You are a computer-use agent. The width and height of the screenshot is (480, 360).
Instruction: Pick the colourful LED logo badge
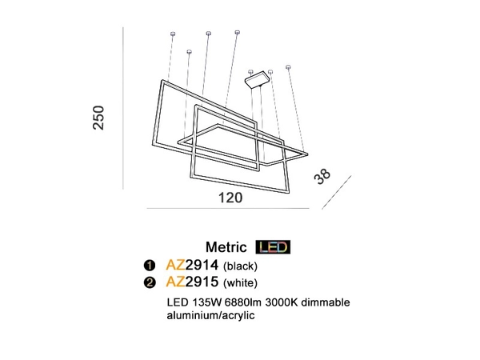pos(272,247)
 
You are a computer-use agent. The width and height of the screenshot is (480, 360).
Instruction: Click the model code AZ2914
pos(191,265)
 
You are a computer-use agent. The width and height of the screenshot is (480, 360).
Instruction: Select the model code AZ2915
pos(191,282)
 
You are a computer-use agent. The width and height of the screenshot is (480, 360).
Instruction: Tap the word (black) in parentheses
pos(241,266)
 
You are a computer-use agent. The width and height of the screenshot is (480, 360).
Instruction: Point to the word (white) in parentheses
pos(241,282)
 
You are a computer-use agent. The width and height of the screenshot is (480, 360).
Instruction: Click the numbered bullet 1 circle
pos(148,266)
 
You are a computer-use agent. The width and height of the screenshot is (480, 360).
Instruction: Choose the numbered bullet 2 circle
pos(148,282)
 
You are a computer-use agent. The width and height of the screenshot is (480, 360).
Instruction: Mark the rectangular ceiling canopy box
pos(258,79)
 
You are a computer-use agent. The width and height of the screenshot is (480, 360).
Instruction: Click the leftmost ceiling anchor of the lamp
pos(173,33)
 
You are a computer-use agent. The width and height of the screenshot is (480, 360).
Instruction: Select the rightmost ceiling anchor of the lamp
pos(289,68)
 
